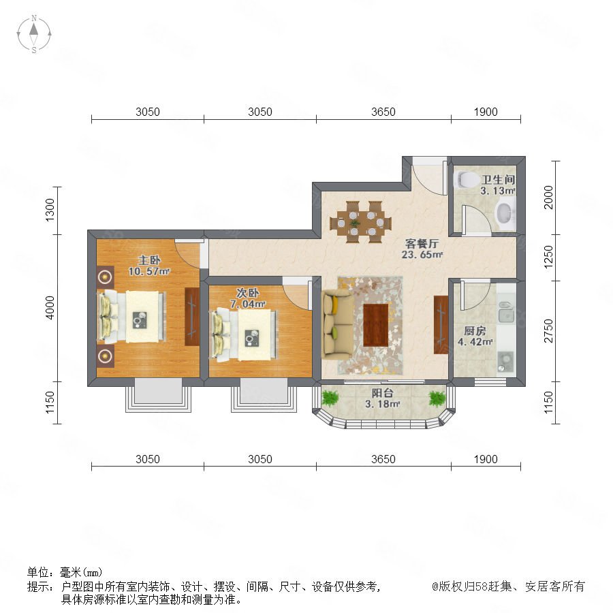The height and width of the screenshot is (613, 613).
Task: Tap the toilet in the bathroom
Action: pyautogui.click(x=467, y=180)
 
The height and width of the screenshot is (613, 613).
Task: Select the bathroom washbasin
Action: pyautogui.click(x=505, y=213)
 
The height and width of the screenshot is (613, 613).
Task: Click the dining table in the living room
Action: pyautogui.click(x=360, y=221)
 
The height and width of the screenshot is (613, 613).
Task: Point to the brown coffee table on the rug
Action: pyautogui.click(x=376, y=325)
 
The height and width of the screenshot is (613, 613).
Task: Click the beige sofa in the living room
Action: pyautogui.click(x=336, y=324)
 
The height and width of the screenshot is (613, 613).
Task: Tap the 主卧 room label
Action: pyautogui.click(x=149, y=260)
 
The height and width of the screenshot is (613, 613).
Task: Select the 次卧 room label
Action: pyautogui.click(x=247, y=293)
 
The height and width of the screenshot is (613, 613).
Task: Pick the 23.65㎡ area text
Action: pyautogui.click(x=422, y=255)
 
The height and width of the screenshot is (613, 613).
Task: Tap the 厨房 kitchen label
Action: pyautogui.click(x=475, y=331)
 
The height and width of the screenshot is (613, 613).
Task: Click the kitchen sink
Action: pyautogui.click(x=506, y=312)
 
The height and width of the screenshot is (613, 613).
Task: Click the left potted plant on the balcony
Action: pyautogui.click(x=331, y=398)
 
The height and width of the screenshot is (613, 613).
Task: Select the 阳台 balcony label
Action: pyautogui.click(x=382, y=393)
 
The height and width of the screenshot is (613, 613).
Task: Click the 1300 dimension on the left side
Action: pyautogui.click(x=50, y=210)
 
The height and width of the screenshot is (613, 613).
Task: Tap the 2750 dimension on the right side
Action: pyautogui.click(x=549, y=331)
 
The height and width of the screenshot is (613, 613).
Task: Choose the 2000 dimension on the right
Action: pyautogui.click(x=549, y=198)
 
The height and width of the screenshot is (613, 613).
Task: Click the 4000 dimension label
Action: pyautogui.click(x=50, y=308)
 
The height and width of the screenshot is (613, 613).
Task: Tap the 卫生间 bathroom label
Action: pyautogui.click(x=498, y=179)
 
